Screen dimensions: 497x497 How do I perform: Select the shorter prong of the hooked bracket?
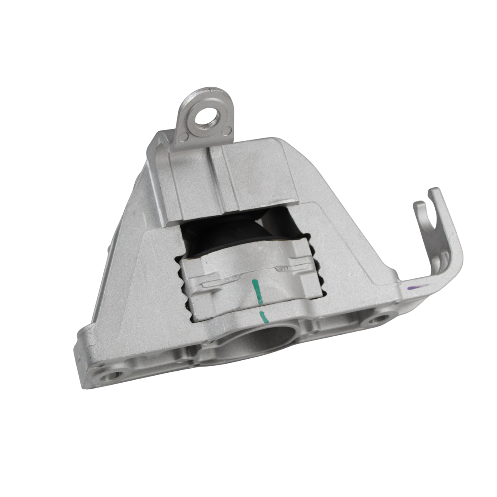pyautogui.click(x=418, y=206)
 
